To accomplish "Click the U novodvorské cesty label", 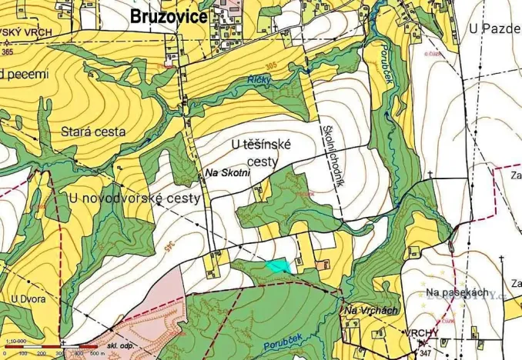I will click(x=135, y=198).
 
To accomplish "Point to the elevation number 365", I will click(x=7, y=52).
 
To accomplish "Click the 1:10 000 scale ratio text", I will click(x=15, y=341).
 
